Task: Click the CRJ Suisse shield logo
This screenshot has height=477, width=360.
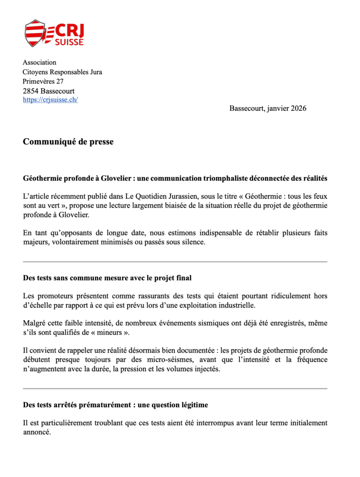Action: tap(36, 33)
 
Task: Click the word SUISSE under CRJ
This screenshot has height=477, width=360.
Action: tap(69, 42)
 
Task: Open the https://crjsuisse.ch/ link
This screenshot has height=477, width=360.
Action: tap(50, 100)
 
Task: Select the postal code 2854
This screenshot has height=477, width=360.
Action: tap(31, 91)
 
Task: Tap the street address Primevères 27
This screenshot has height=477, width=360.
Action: tap(44, 82)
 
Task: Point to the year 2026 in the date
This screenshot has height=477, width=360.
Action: tap(298, 108)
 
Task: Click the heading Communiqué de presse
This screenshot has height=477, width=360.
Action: tap(68, 142)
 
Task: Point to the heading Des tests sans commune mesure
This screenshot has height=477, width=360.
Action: tap(107, 278)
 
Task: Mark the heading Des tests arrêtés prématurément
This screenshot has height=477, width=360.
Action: tap(115, 405)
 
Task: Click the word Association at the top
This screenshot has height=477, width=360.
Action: tap(40, 62)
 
